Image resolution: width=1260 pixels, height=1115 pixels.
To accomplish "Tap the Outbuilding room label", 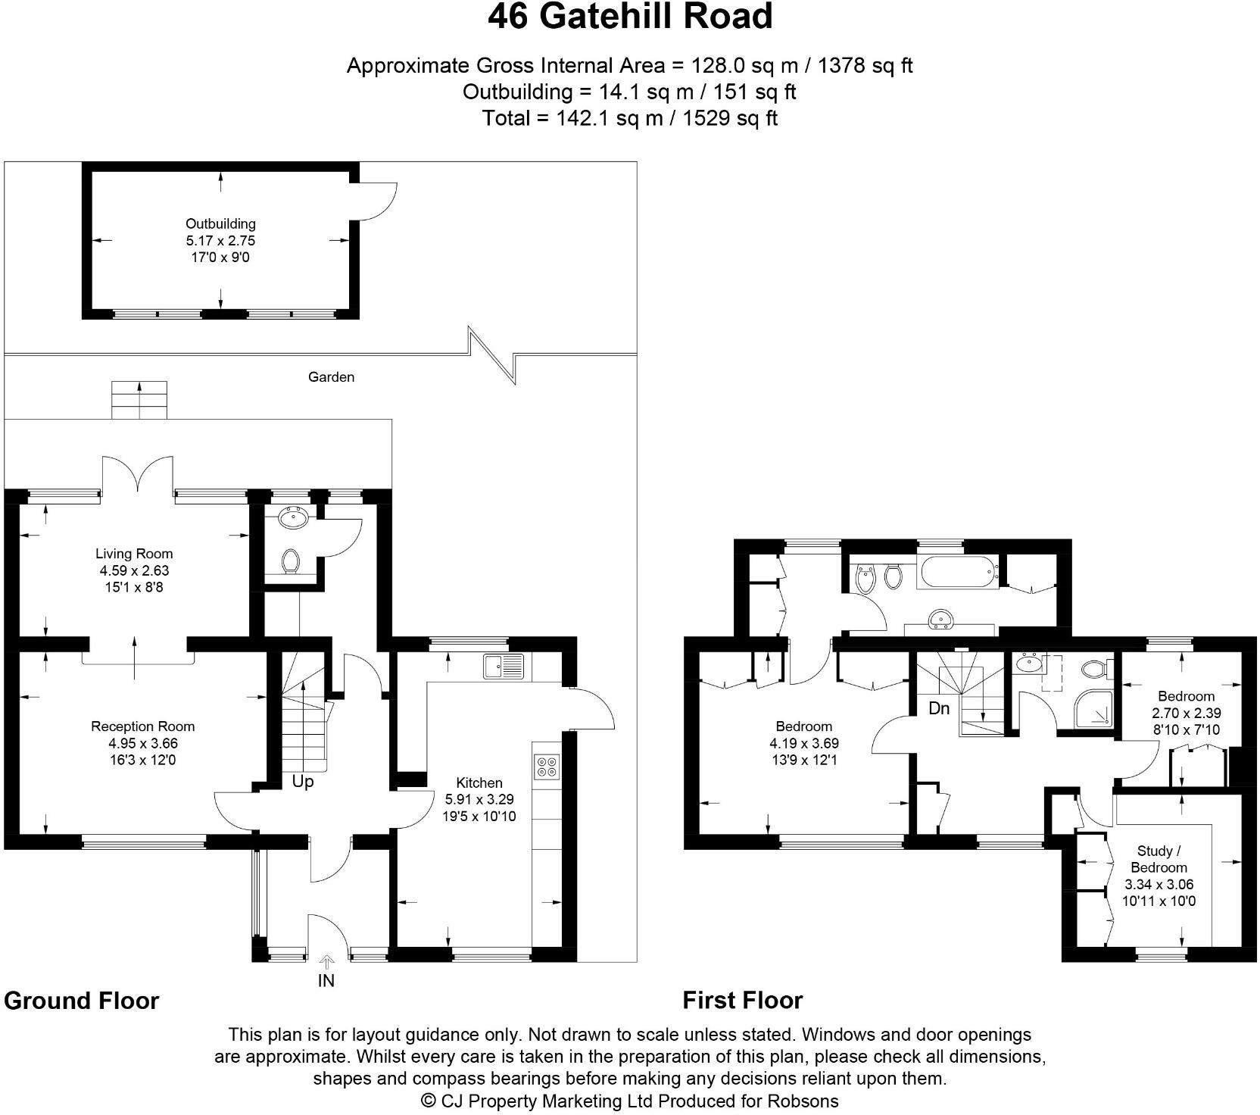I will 220,224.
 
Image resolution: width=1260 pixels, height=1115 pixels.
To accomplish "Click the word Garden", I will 331,377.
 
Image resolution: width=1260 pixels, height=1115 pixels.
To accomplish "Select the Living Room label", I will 134,554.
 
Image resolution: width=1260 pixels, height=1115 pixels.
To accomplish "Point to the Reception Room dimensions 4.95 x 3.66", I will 143,744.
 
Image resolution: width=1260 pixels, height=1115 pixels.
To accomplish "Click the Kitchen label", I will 479,783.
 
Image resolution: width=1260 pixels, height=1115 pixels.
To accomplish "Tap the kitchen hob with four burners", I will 546,767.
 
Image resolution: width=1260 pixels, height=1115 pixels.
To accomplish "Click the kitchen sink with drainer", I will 504,666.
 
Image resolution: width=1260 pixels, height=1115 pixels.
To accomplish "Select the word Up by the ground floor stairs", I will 303,782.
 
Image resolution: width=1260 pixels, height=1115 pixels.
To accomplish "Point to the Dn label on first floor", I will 939,709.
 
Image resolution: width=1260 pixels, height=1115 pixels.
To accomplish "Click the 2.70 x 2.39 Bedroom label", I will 1186,713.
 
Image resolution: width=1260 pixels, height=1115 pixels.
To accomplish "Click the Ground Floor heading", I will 82,1001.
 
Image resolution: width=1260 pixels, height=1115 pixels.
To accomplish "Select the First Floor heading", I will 742,1001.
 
